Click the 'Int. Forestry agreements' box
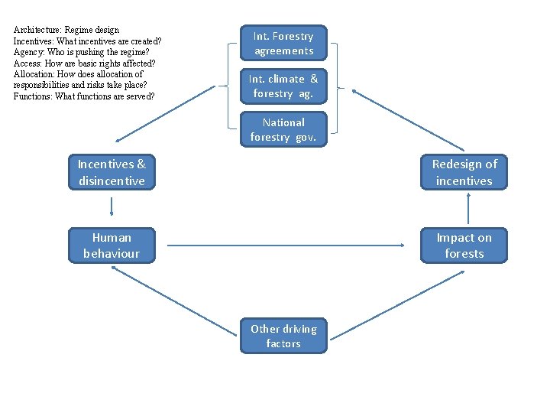(283, 44)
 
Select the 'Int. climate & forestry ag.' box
(283, 86)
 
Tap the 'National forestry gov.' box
(283, 129)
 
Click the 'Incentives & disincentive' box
(112, 172)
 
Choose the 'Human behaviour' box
(112, 246)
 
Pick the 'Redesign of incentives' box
(464, 172)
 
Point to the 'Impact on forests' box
(464, 246)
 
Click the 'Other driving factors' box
(283, 336)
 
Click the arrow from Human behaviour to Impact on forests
(286, 246)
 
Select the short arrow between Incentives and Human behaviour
(112, 207)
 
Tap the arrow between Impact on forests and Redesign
(467, 209)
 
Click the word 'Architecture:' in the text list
(35, 30)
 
